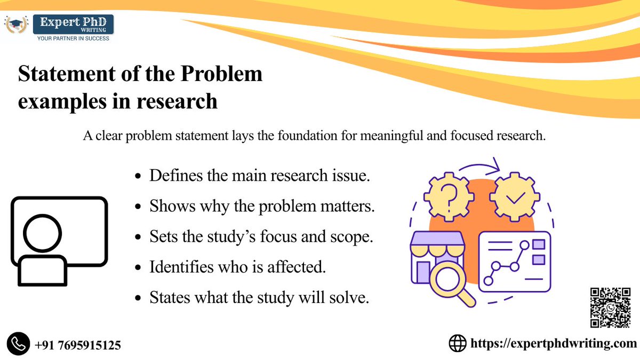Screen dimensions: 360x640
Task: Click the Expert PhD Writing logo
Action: (59, 28)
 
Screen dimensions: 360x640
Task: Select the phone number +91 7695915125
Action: (78, 345)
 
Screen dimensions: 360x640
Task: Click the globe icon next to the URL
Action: (457, 343)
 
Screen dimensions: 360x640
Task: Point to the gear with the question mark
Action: (450, 196)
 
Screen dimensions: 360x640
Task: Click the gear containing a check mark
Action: (515, 197)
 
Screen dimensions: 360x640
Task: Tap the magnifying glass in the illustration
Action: (450, 281)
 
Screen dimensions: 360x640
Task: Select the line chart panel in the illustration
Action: (514, 261)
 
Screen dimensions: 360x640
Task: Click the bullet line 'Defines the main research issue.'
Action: (259, 175)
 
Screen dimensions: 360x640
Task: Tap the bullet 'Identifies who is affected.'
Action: (237, 267)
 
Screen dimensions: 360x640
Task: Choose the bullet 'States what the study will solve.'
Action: (259, 297)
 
